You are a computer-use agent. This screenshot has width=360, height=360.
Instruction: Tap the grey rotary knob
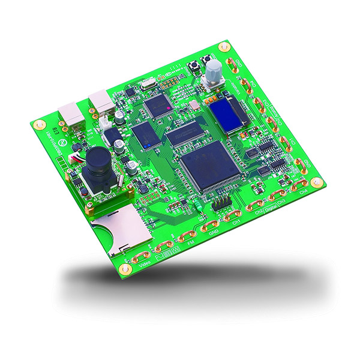coord(213,74)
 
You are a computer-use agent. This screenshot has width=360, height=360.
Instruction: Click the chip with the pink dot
coord(159,106)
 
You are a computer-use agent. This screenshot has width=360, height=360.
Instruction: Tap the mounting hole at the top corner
coord(224,46)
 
